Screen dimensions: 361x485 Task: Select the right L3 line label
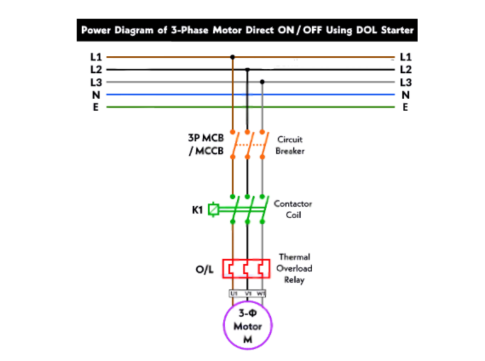coord(406,82)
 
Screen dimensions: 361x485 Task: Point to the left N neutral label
coord(96,95)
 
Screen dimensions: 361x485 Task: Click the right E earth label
coord(405,108)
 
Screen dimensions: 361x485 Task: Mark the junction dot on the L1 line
coord(232,58)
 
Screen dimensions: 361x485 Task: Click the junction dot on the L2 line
coord(247,70)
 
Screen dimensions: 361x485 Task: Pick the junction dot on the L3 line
coord(262,82)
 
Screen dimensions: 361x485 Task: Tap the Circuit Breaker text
coord(290,145)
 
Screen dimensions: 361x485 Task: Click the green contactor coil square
coord(214,210)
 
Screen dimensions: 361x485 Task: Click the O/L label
coord(204,269)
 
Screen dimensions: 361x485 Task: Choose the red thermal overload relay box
coord(246,269)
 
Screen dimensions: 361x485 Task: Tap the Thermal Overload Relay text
coord(295,269)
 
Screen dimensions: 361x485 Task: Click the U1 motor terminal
coord(233,294)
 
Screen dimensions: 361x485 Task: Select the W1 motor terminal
coord(261,294)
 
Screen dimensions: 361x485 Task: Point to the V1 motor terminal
coord(248,294)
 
